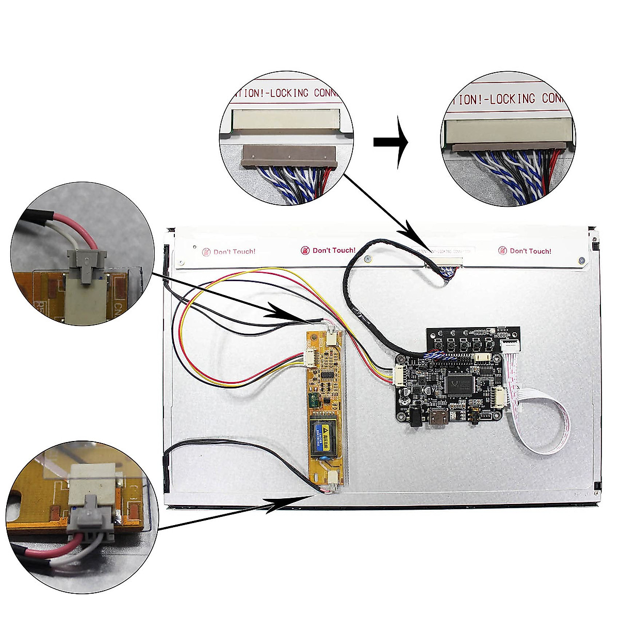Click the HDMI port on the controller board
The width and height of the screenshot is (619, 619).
[435, 418]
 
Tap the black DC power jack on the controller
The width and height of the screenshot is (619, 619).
[414, 416]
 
